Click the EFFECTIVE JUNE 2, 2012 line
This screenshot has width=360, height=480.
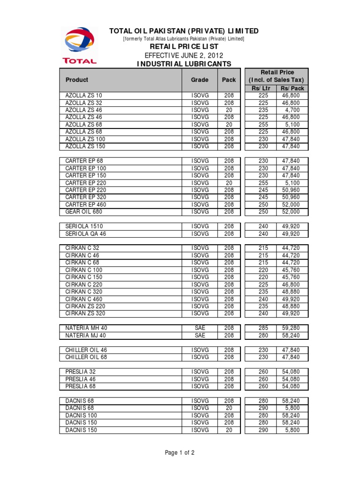[183, 55]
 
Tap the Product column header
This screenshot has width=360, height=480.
[77, 80]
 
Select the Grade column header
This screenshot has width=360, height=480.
[200, 80]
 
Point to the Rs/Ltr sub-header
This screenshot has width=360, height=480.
[261, 88]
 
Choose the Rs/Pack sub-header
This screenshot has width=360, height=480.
[292, 88]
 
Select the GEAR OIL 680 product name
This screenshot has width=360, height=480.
[84, 212]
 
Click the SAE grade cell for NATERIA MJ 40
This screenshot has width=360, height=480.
[200, 336]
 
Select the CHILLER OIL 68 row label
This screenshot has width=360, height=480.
[86, 357]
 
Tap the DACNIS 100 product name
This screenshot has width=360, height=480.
[81, 415]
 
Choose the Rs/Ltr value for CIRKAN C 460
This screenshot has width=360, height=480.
[263, 299]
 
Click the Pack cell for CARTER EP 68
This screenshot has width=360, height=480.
[229, 161]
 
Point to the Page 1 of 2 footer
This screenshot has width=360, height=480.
[180, 453]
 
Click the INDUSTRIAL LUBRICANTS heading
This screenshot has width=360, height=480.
[183, 63]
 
